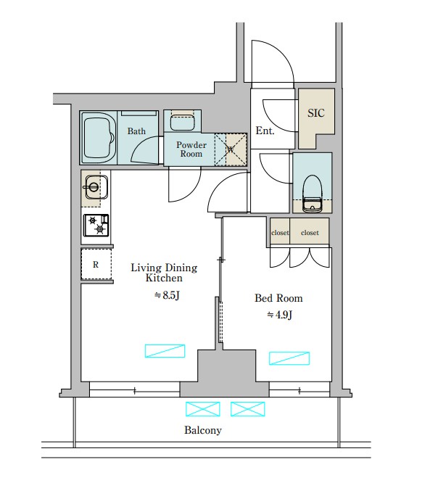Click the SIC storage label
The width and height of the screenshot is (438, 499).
click(x=316, y=113)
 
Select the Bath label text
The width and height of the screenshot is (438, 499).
click(x=136, y=131)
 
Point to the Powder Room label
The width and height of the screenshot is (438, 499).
click(x=191, y=149)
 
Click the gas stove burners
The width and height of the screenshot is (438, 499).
click(x=96, y=226)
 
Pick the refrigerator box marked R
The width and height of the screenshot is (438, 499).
click(x=96, y=265)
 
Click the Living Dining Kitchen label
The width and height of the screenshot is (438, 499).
click(x=164, y=273)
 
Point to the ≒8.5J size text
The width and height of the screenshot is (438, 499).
click(x=166, y=295)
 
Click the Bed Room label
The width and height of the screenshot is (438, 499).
click(x=278, y=298)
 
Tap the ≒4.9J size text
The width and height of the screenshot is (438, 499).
click(x=279, y=315)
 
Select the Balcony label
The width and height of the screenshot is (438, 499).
click(x=202, y=430)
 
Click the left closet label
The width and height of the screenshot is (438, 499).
click(x=280, y=233)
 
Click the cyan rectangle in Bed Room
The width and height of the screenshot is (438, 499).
click(x=289, y=358)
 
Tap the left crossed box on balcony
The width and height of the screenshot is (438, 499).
click(x=202, y=409)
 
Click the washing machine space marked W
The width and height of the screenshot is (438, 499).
click(x=231, y=149)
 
